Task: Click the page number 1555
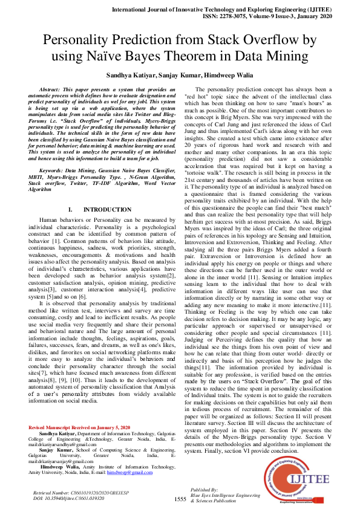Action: coord(180,499)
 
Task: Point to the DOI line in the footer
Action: coord(64,499)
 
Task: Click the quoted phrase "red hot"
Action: coord(195,97)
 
